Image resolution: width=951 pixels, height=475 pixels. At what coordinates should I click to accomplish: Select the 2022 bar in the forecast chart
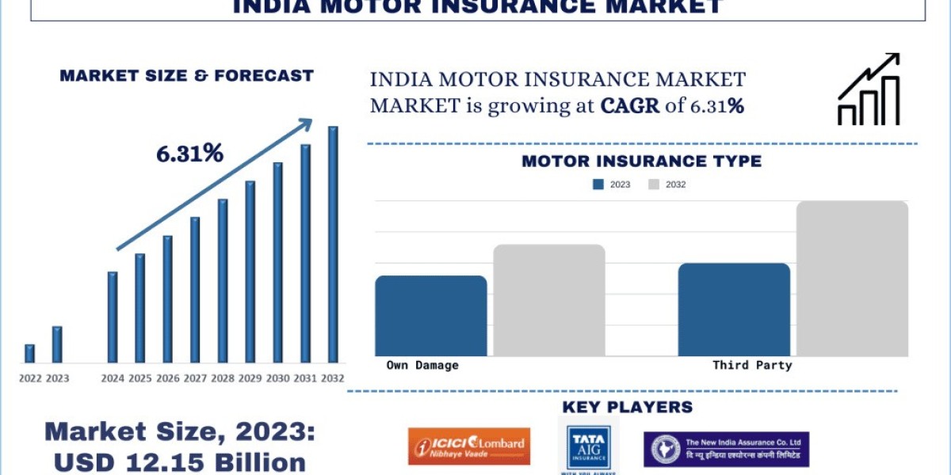[29, 354]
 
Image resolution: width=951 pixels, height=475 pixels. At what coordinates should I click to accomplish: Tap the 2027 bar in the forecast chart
[195, 290]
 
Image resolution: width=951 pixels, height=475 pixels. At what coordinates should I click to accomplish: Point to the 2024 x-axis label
[113, 378]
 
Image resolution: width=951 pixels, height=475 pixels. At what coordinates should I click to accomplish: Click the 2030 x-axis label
[277, 378]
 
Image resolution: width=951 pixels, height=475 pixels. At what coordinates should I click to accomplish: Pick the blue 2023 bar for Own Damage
[430, 316]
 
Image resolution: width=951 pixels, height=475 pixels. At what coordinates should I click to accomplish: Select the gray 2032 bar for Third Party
[852, 279]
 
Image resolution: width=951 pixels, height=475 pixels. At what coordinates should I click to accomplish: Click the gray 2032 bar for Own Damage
[549, 300]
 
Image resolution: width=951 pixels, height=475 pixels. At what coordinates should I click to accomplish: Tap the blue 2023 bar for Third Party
[734, 310]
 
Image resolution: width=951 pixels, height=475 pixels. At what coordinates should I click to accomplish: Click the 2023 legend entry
[611, 184]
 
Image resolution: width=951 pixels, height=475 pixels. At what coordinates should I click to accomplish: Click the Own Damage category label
[422, 365]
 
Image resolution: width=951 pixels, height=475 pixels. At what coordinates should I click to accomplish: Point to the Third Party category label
[752, 365]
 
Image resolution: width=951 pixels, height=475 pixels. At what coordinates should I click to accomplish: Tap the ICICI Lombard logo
[469, 446]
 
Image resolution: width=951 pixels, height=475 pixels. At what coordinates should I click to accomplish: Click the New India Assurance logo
[726, 449]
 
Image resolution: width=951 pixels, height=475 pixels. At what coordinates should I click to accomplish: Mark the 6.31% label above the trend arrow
[189, 154]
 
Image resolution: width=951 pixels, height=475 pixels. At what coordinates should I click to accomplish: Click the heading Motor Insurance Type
[641, 161]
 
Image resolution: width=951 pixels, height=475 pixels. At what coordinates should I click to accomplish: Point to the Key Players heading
[627, 407]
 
